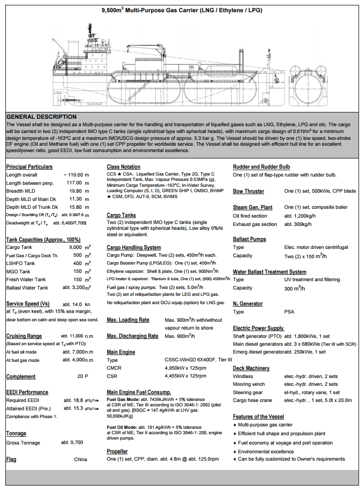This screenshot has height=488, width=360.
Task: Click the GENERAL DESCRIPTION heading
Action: pos(41,117)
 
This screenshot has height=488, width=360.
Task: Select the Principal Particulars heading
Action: pos(29,167)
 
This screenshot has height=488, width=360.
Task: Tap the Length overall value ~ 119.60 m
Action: pos(76,175)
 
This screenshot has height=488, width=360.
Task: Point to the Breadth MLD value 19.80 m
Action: pos(80,191)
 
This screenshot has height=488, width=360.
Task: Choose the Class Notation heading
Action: pos(123,167)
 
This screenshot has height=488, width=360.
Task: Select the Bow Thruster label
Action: pos(248,191)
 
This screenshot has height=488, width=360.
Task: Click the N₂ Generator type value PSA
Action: pos(290,311)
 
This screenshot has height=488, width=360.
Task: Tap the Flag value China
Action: pos(81,459)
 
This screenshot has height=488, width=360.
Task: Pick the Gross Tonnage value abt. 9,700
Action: pos(72,443)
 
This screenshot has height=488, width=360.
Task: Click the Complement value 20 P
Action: pos(83,377)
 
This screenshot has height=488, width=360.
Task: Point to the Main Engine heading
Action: pos(121,352)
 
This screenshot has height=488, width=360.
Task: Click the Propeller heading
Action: pos(117,451)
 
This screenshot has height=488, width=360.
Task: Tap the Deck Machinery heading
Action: pos(251,368)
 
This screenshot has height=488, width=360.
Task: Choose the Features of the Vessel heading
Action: pos(258,417)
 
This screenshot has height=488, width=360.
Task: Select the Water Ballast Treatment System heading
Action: pos(270,271)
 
